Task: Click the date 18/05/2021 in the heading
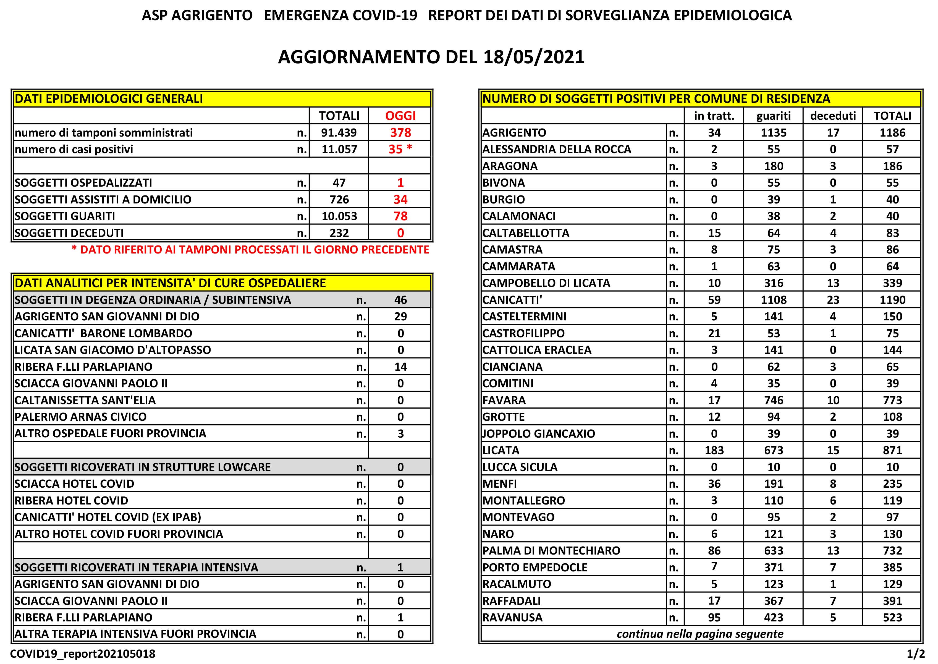click(533, 57)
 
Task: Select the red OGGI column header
click(400, 116)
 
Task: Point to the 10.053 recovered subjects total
click(339, 216)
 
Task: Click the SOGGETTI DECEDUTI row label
click(69, 233)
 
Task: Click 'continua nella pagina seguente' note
click(700, 634)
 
